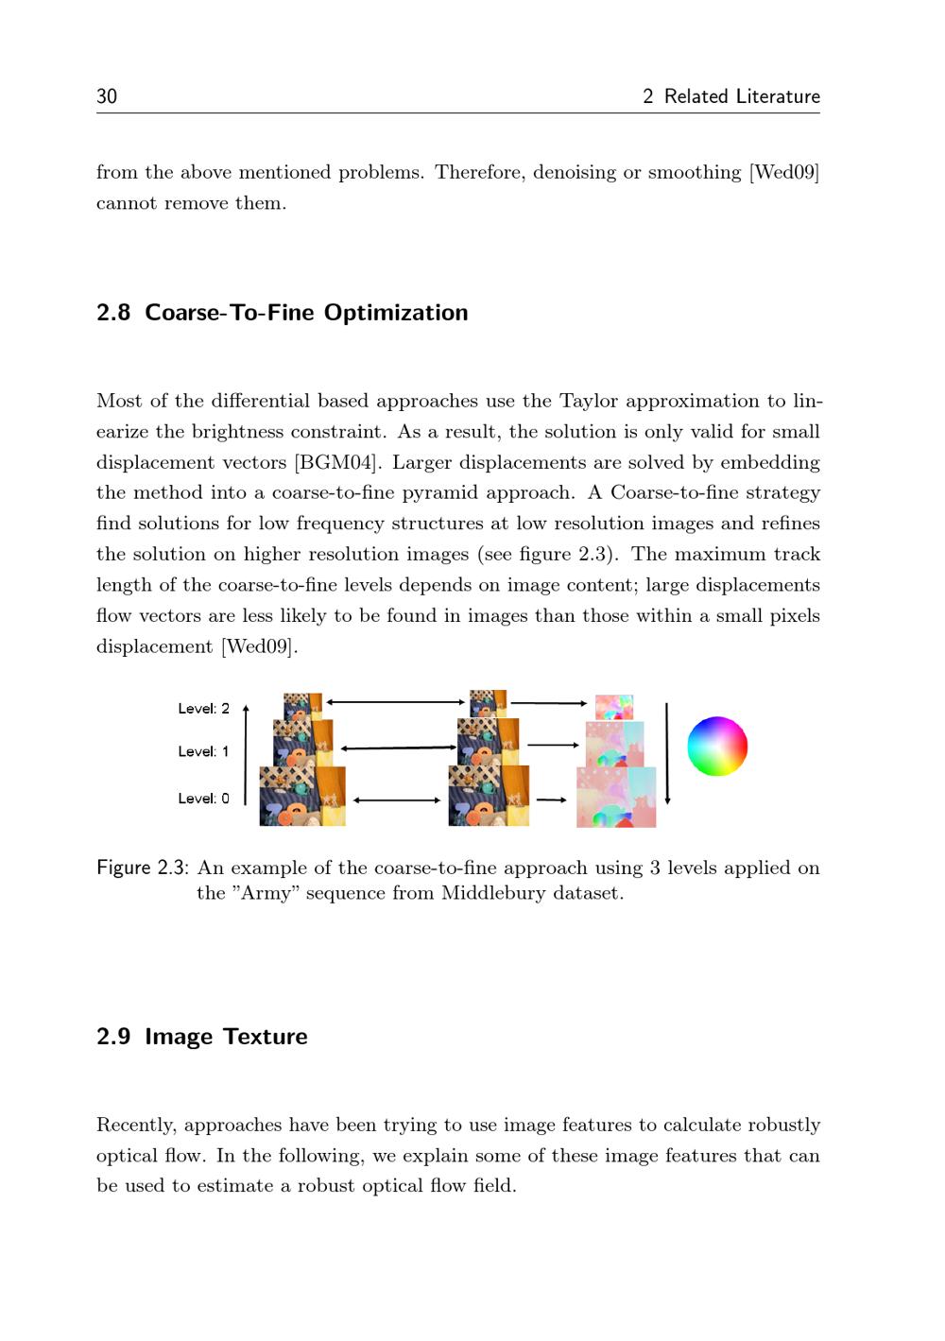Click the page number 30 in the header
coord(107,96)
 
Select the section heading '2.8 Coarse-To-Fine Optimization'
coord(282,313)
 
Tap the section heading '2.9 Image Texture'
coord(201,1037)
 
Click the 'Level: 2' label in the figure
coord(203,709)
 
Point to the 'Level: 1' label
coord(203,752)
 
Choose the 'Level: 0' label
coord(203,799)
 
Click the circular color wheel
coord(717,747)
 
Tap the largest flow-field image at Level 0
coord(616,798)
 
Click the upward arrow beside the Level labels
coord(246,753)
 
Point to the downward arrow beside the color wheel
coord(667,753)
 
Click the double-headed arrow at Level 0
coord(397,800)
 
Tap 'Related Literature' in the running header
coord(742,96)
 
